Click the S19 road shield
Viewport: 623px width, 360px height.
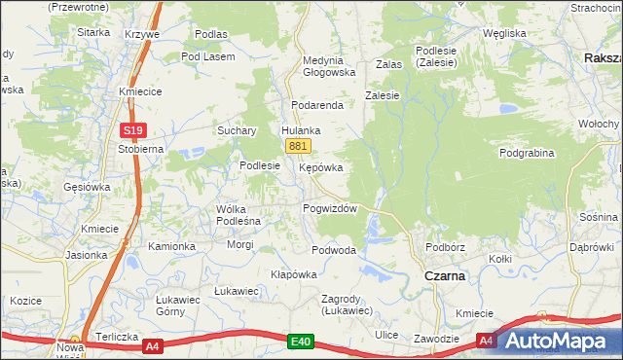point(133,129)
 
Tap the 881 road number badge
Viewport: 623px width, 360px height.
point(299,146)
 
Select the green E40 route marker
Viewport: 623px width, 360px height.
point(300,342)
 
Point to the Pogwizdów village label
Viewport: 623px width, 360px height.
point(331,208)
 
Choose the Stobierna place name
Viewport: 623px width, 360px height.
point(140,149)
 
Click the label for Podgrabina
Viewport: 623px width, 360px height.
point(527,153)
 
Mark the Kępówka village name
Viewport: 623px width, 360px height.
point(320,167)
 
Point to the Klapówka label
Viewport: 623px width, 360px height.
point(294,274)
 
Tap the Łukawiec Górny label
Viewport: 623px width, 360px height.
point(178,306)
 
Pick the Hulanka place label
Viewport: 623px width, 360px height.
point(301,129)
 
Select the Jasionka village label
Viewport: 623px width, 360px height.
point(87,255)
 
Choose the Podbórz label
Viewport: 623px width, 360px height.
point(445,247)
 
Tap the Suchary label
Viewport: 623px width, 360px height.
point(237,130)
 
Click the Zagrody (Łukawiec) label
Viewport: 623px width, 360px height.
point(348,305)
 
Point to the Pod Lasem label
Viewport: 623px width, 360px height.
point(208,56)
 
